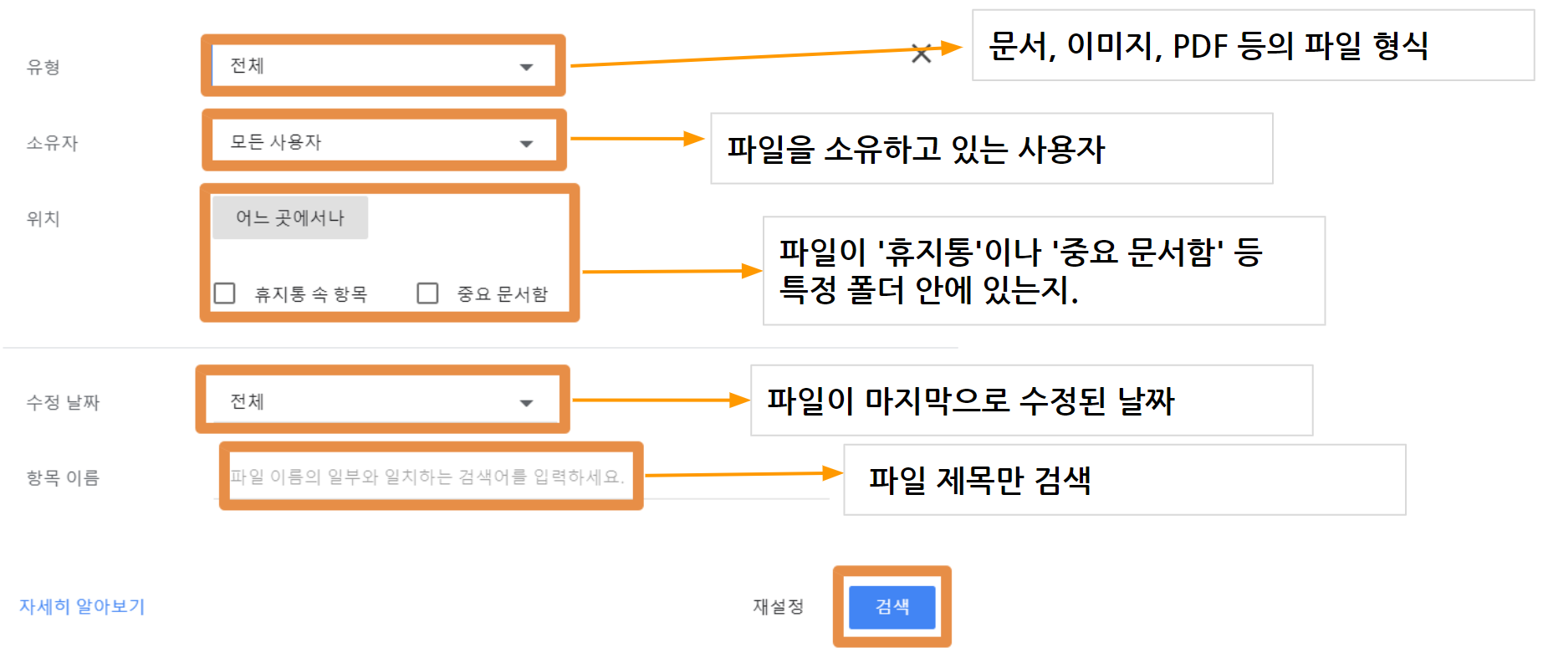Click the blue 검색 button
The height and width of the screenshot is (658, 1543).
tap(892, 607)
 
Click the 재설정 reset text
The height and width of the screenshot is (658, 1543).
tap(778, 607)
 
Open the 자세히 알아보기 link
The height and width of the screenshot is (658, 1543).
tap(82, 606)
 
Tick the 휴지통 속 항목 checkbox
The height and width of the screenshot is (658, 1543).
tap(224, 293)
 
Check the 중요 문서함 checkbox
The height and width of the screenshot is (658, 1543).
tap(427, 293)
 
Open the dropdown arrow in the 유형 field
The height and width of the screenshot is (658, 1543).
tap(526, 67)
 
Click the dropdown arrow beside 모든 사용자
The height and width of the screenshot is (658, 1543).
tap(526, 144)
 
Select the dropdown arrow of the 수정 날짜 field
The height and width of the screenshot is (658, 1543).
tap(526, 403)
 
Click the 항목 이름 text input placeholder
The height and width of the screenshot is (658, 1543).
tap(427, 477)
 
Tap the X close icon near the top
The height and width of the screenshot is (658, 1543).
tap(921, 54)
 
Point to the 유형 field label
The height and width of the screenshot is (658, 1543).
tap(43, 67)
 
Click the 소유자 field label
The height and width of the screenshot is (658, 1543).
tap(52, 143)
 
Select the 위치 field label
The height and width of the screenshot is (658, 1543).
tap(43, 219)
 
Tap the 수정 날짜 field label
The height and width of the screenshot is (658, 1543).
tap(63, 403)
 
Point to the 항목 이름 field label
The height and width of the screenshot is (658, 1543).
tap(63, 478)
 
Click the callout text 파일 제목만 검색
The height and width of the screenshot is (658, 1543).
tap(979, 480)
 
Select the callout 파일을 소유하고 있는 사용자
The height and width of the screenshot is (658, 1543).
tap(916, 149)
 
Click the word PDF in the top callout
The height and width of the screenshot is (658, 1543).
tap(1199, 47)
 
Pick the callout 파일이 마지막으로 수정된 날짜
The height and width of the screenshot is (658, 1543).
tap(971, 400)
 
